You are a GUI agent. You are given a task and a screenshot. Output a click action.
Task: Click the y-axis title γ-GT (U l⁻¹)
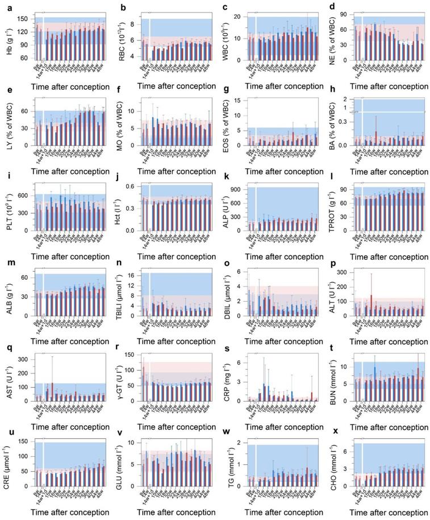click(x=116, y=380)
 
